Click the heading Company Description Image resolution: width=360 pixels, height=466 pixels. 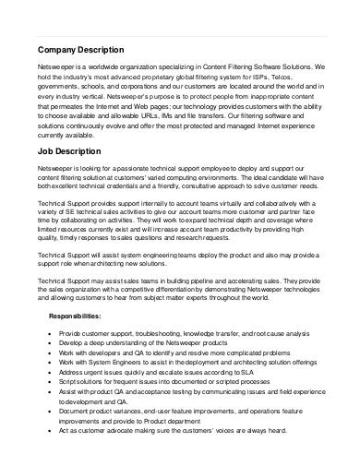83,49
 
